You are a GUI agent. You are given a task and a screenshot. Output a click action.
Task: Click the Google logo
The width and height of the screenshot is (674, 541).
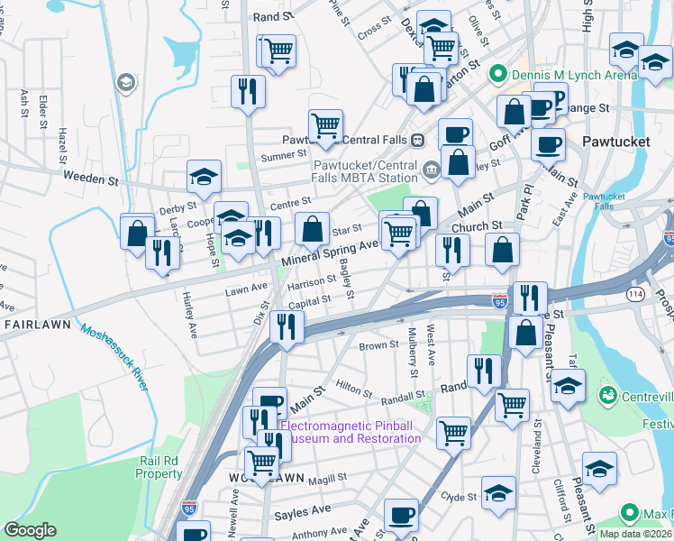(x=30, y=530)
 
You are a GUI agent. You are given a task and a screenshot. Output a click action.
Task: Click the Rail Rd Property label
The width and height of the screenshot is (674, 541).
(x=160, y=467)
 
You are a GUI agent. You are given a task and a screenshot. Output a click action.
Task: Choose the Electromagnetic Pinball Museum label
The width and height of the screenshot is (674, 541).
(x=351, y=432)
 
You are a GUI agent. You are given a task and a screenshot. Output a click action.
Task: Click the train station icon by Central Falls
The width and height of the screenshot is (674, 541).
(x=418, y=140)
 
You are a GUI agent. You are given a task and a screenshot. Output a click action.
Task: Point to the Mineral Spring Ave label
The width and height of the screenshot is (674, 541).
(x=330, y=249)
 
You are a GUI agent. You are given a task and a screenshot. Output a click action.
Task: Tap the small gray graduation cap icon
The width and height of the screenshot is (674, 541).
(x=126, y=84)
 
